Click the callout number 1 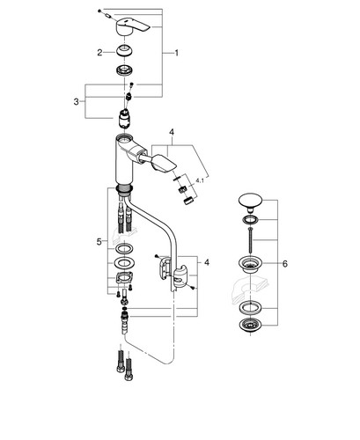tap(176, 53)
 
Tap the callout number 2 tap(99, 53)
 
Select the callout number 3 tap(77, 102)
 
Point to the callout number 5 tap(99, 242)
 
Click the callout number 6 tap(285, 264)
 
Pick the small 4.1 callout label tap(200, 181)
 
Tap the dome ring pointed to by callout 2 tap(125, 51)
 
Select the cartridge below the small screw tap(125, 119)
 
